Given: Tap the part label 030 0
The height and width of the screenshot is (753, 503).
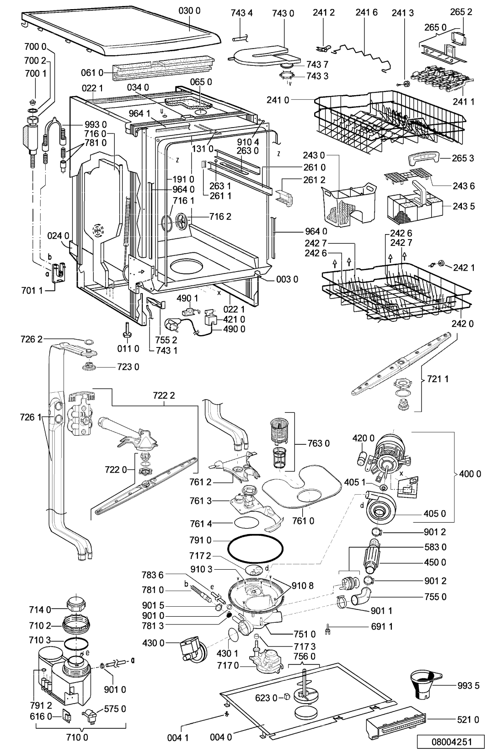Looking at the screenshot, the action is click(189, 11).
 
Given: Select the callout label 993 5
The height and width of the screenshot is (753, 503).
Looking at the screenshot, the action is click(468, 685).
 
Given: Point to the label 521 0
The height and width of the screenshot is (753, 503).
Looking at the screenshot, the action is click(468, 720).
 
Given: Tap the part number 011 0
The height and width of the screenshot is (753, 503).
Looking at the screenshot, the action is click(128, 348).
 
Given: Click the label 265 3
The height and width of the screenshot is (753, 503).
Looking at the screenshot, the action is click(463, 158).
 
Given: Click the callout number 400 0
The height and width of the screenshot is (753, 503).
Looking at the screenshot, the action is click(470, 474).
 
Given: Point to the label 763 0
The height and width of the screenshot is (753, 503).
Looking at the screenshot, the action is click(319, 443).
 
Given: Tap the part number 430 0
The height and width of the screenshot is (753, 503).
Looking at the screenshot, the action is click(153, 643).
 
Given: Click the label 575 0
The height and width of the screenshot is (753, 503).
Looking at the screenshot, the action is click(115, 709).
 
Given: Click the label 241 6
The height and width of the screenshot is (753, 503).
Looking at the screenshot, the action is click(366, 12).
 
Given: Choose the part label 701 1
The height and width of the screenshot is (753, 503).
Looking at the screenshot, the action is click(32, 290).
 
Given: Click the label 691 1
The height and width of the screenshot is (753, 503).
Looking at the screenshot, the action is click(382, 626).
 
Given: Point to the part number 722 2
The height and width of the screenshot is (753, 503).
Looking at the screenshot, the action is click(164, 395).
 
